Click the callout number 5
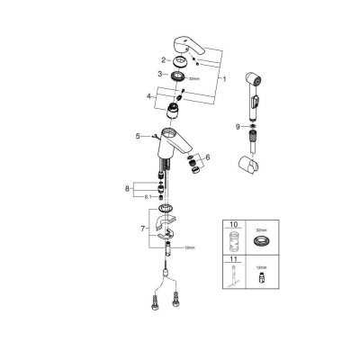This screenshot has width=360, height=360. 139,137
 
